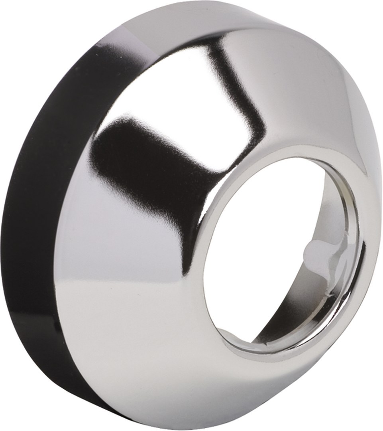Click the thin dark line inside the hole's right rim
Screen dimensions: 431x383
tap(357, 255)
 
